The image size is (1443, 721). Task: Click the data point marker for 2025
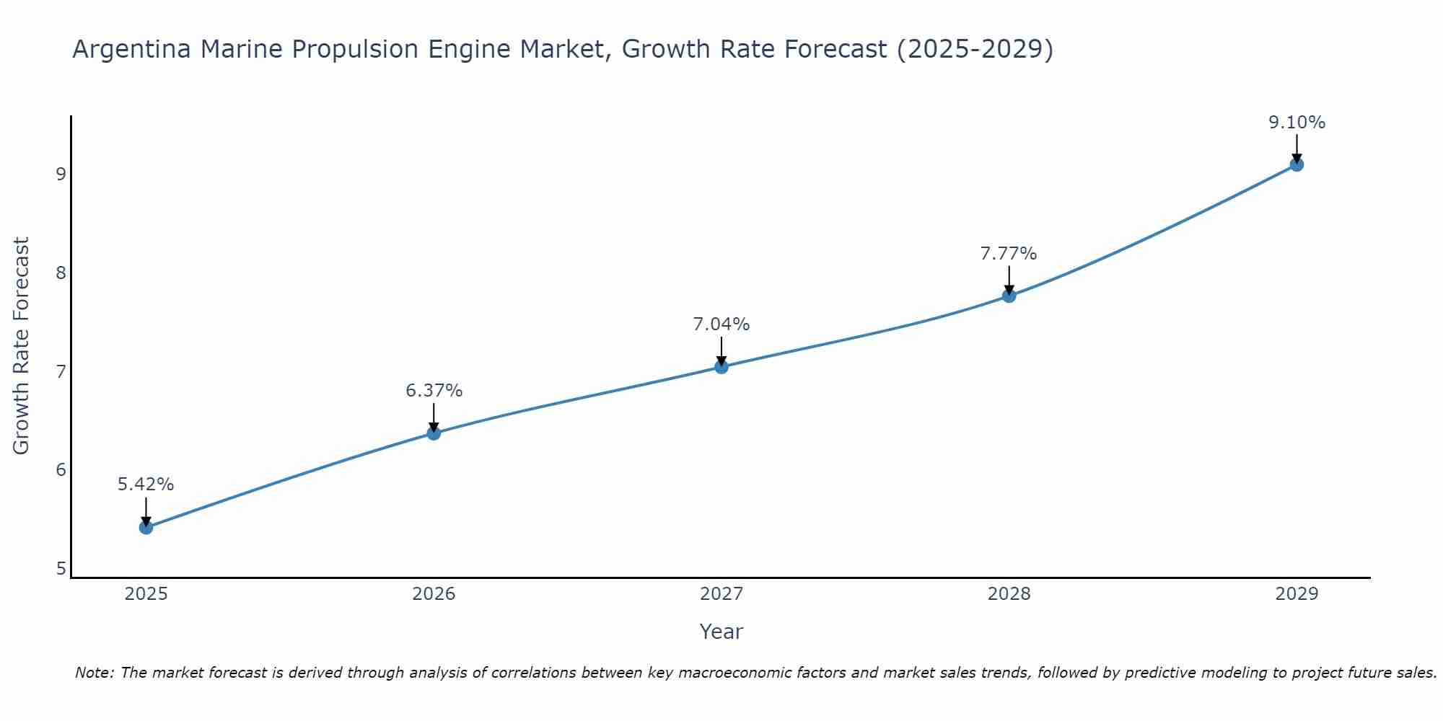pyautogui.click(x=146, y=528)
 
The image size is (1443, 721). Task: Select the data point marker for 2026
pyautogui.click(x=434, y=433)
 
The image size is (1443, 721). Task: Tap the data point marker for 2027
pyautogui.click(x=721, y=367)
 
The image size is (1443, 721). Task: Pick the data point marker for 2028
pyautogui.click(x=1009, y=296)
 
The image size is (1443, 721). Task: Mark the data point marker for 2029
pyautogui.click(x=1297, y=165)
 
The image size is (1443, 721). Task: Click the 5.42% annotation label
pyautogui.click(x=146, y=485)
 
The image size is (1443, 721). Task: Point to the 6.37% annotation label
pyautogui.click(x=434, y=391)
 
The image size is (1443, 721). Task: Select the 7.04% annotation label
pyautogui.click(x=721, y=324)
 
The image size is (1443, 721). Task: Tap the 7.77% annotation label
pyautogui.click(x=1009, y=254)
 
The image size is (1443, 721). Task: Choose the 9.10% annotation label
pyautogui.click(x=1297, y=123)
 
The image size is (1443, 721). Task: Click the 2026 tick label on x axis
pyautogui.click(x=434, y=594)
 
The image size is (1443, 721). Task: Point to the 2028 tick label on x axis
pyautogui.click(x=1009, y=594)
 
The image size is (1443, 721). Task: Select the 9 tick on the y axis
pyautogui.click(x=61, y=174)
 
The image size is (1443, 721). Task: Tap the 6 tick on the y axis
pyautogui.click(x=61, y=470)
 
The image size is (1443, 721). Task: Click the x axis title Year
pyautogui.click(x=721, y=632)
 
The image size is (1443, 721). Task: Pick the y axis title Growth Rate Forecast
pyautogui.click(x=22, y=346)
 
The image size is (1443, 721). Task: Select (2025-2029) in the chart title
pyautogui.click(x=974, y=49)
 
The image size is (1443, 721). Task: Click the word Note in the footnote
pyautogui.click(x=94, y=673)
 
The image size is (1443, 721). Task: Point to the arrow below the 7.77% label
pyautogui.click(x=1009, y=280)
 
